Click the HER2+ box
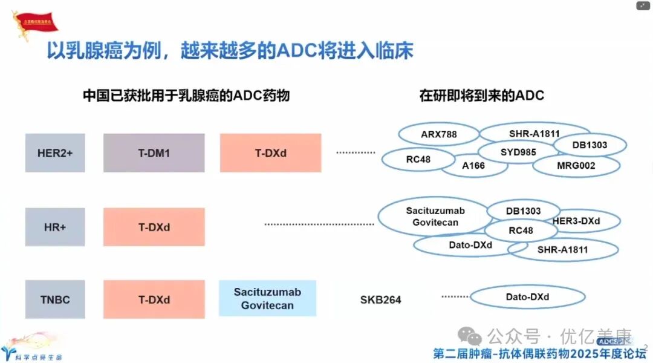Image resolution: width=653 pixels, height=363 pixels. pyautogui.click(x=55, y=153)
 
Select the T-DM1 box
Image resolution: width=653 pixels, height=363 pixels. pyautogui.click(x=154, y=153)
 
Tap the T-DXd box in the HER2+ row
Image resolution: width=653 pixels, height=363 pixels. pyautogui.click(x=270, y=153)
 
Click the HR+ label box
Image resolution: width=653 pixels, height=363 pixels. pyautogui.click(x=55, y=227)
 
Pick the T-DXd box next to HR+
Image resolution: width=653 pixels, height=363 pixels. pyautogui.click(x=154, y=227)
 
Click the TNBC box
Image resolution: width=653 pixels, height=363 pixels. pyautogui.click(x=55, y=299)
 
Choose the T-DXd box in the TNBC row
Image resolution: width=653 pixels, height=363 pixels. pyautogui.click(x=154, y=299)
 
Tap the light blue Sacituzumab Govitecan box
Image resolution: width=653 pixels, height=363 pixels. pyautogui.click(x=267, y=299)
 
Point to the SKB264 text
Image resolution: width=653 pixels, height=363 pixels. pyautogui.click(x=380, y=299)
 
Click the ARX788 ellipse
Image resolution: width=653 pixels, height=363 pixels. pyautogui.click(x=439, y=134)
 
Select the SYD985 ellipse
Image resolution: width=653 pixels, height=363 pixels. pyautogui.click(x=518, y=152)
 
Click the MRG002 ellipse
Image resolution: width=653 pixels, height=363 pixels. pyautogui.click(x=576, y=166)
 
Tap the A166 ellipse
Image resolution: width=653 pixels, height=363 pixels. pyautogui.click(x=473, y=166)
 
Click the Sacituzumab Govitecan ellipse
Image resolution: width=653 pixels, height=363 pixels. pyautogui.click(x=435, y=217)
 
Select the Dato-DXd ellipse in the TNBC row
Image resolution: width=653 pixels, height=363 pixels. pyautogui.click(x=527, y=297)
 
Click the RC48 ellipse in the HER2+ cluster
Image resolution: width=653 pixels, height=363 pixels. pyautogui.click(x=418, y=160)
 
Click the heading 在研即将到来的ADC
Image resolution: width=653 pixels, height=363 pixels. pyautogui.click(x=482, y=96)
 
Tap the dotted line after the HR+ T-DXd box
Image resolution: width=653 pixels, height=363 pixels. pyautogui.click(x=319, y=224)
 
